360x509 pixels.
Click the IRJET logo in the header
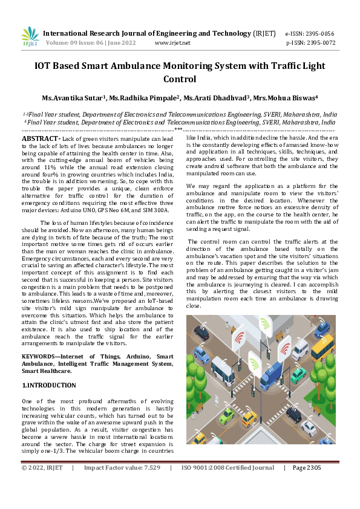[x=30, y=37]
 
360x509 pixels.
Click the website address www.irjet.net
[x=172, y=44]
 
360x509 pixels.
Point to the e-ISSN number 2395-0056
[x=319, y=34]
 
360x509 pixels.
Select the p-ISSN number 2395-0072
[x=319, y=44]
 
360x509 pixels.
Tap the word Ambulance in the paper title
[x=182, y=65]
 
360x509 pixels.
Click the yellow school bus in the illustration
[x=322, y=347]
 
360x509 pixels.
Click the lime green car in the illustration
[x=227, y=415]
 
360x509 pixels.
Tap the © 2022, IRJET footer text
[x=42, y=468]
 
